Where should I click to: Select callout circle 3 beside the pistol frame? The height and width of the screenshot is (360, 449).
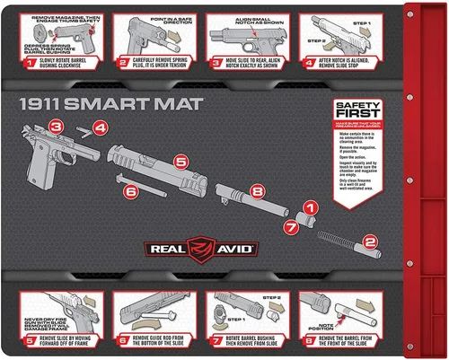tap(57, 127)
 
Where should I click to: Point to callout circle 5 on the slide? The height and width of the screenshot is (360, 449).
tap(180, 162)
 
